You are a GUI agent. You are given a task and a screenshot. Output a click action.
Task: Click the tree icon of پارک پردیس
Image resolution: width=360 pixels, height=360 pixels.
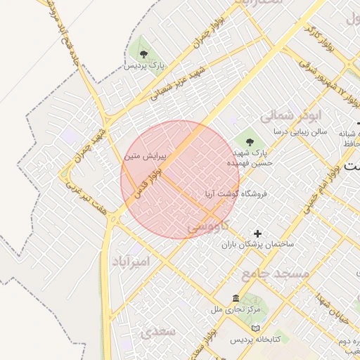143,53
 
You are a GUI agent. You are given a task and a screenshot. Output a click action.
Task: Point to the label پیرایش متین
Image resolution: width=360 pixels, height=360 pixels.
142,156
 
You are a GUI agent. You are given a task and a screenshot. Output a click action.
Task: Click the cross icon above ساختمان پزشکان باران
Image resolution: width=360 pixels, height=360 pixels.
257,233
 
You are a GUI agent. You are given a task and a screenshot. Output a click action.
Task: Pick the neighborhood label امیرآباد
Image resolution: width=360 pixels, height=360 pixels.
131,261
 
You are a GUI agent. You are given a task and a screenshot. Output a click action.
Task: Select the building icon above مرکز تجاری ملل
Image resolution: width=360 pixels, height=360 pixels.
235,297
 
